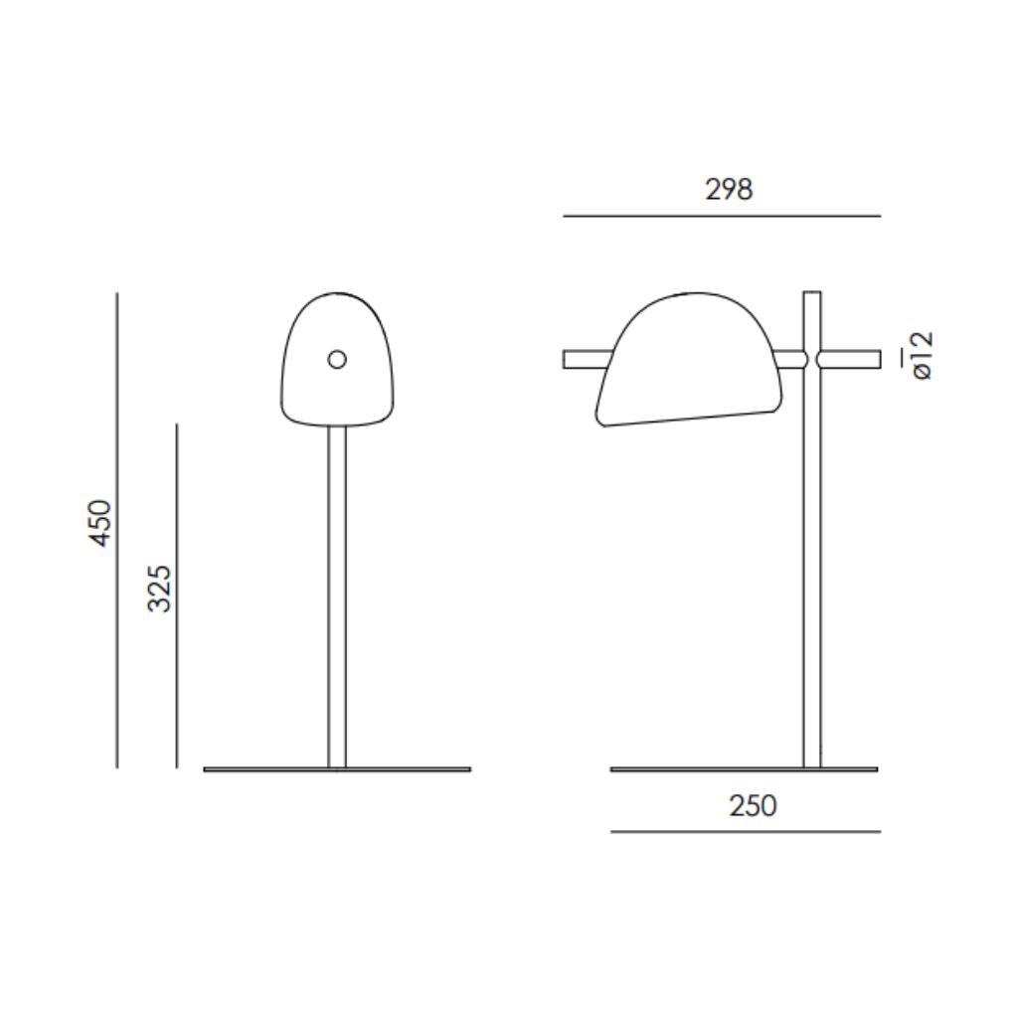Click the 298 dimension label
coord(729,189)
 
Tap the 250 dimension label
coord(753,805)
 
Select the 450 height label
coord(101,523)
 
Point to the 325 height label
coord(160,588)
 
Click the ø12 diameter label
coord(921,356)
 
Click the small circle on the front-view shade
coord(337,359)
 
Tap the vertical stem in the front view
coord(337,596)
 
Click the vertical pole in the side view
coord(812,596)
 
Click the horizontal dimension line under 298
coord(722,216)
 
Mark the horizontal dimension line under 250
coord(746,831)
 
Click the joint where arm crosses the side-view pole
coord(812,359)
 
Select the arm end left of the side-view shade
coord(581,359)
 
